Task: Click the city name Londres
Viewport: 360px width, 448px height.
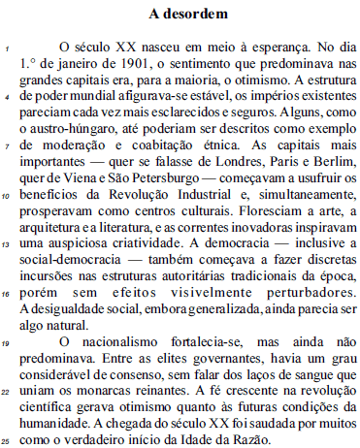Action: tap(251, 175)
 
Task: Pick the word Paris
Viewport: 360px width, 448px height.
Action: tap(294, 175)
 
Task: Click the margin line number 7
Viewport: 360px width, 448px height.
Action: tap(8, 156)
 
